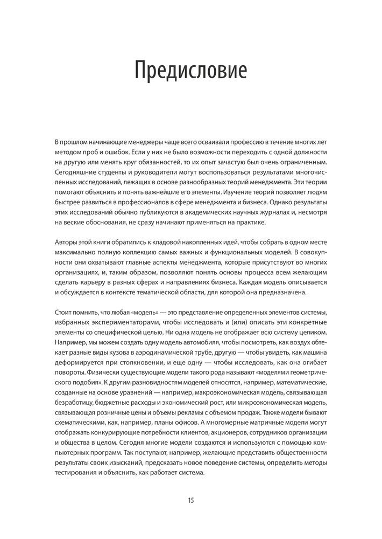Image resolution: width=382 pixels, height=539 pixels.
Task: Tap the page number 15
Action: pos(190,500)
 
